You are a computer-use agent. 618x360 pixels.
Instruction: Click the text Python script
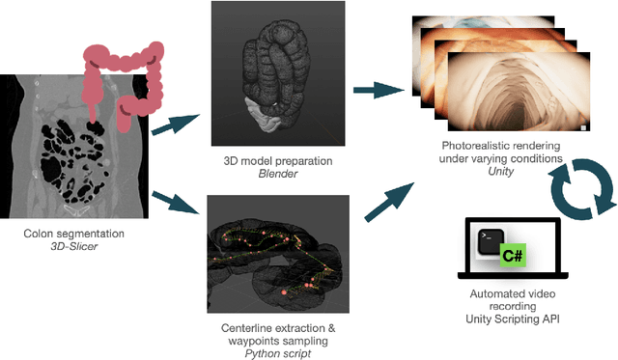coord(278,353)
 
